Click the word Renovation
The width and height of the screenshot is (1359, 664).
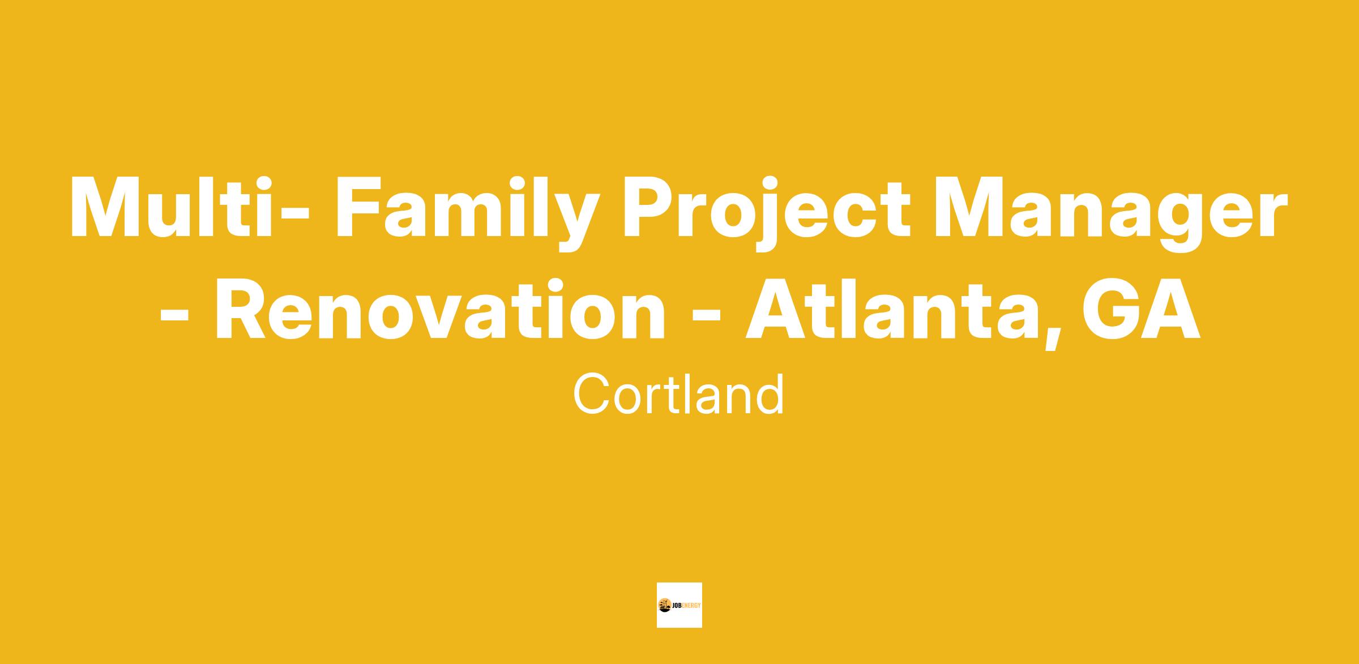[440, 309]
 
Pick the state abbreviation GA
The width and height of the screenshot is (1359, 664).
[1141, 309]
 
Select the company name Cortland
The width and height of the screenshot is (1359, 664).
[678, 394]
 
